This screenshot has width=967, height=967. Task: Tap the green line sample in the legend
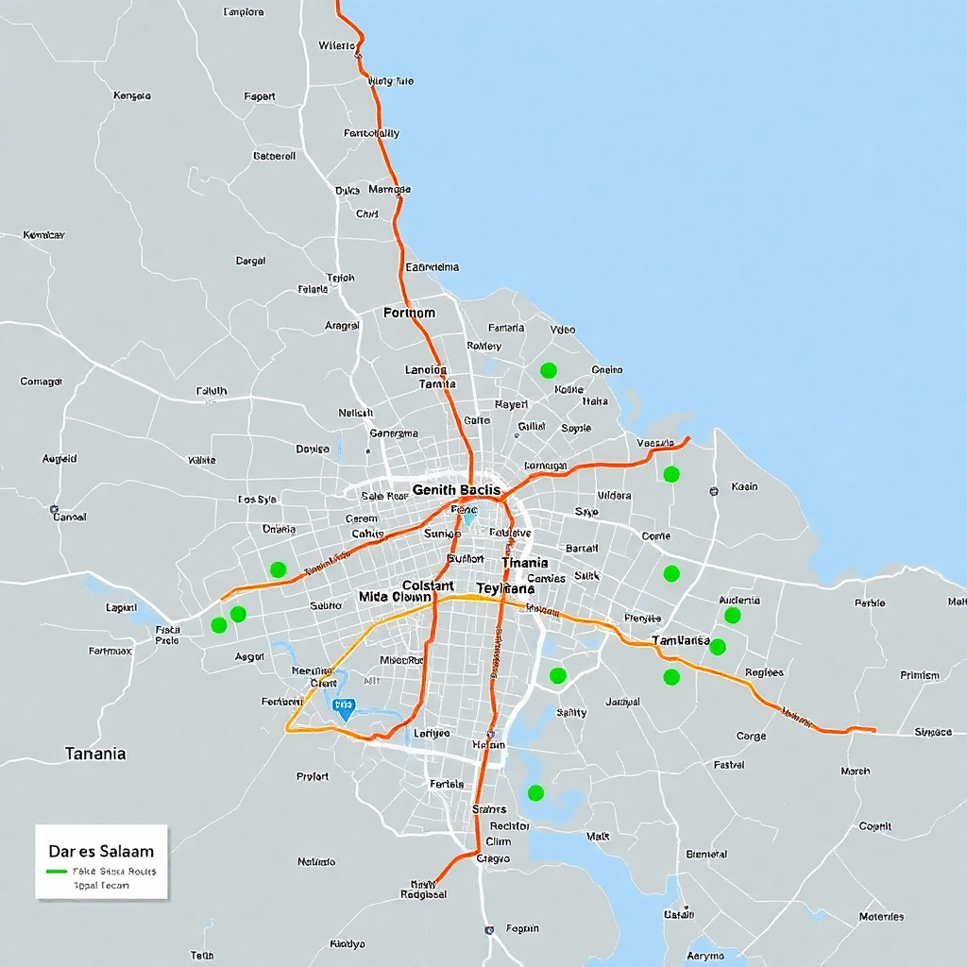pyautogui.click(x=57, y=872)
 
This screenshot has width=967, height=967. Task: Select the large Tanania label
pyautogui.click(x=94, y=754)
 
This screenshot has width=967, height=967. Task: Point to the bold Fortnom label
pyautogui.click(x=409, y=312)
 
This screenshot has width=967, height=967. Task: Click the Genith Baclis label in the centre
pyautogui.click(x=456, y=490)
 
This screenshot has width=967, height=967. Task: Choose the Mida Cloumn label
pyautogui.click(x=395, y=597)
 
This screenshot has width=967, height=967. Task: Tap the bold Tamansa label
pyautogui.click(x=681, y=640)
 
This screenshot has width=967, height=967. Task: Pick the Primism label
pyautogui.click(x=919, y=675)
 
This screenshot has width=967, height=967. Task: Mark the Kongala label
pyautogui.click(x=131, y=95)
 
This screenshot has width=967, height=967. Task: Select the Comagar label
pyautogui.click(x=41, y=382)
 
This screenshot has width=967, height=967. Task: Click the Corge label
pyautogui.click(x=751, y=736)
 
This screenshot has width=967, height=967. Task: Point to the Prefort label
pyautogui.click(x=313, y=776)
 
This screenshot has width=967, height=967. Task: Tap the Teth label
pyautogui.click(x=202, y=955)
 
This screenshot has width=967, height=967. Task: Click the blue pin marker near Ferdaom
pyautogui.click(x=344, y=707)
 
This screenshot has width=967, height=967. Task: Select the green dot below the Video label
pyautogui.click(x=548, y=370)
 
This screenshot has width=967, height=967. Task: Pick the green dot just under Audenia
pyautogui.click(x=732, y=616)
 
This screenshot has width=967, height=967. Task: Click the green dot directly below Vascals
pyautogui.click(x=671, y=474)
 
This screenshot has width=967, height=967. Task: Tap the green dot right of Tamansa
pyautogui.click(x=718, y=647)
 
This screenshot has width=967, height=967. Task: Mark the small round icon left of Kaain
pyautogui.click(x=714, y=490)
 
